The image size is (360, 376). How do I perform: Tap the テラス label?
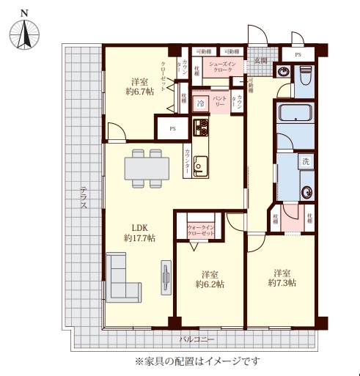click(84, 198)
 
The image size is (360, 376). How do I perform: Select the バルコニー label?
click(196, 340)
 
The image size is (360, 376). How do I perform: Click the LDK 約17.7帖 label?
click(139, 232)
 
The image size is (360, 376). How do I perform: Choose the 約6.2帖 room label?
click(210, 279)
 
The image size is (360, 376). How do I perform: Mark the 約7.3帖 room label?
click(282, 276)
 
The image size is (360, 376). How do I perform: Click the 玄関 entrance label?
click(260, 60)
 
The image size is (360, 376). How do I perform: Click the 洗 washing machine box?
click(304, 161)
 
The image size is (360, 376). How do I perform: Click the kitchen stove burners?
click(202, 129)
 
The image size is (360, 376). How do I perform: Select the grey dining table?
click(145, 168)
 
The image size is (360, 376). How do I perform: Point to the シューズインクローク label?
click(221, 68)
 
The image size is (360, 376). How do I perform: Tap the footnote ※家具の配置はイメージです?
click(196, 361)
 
